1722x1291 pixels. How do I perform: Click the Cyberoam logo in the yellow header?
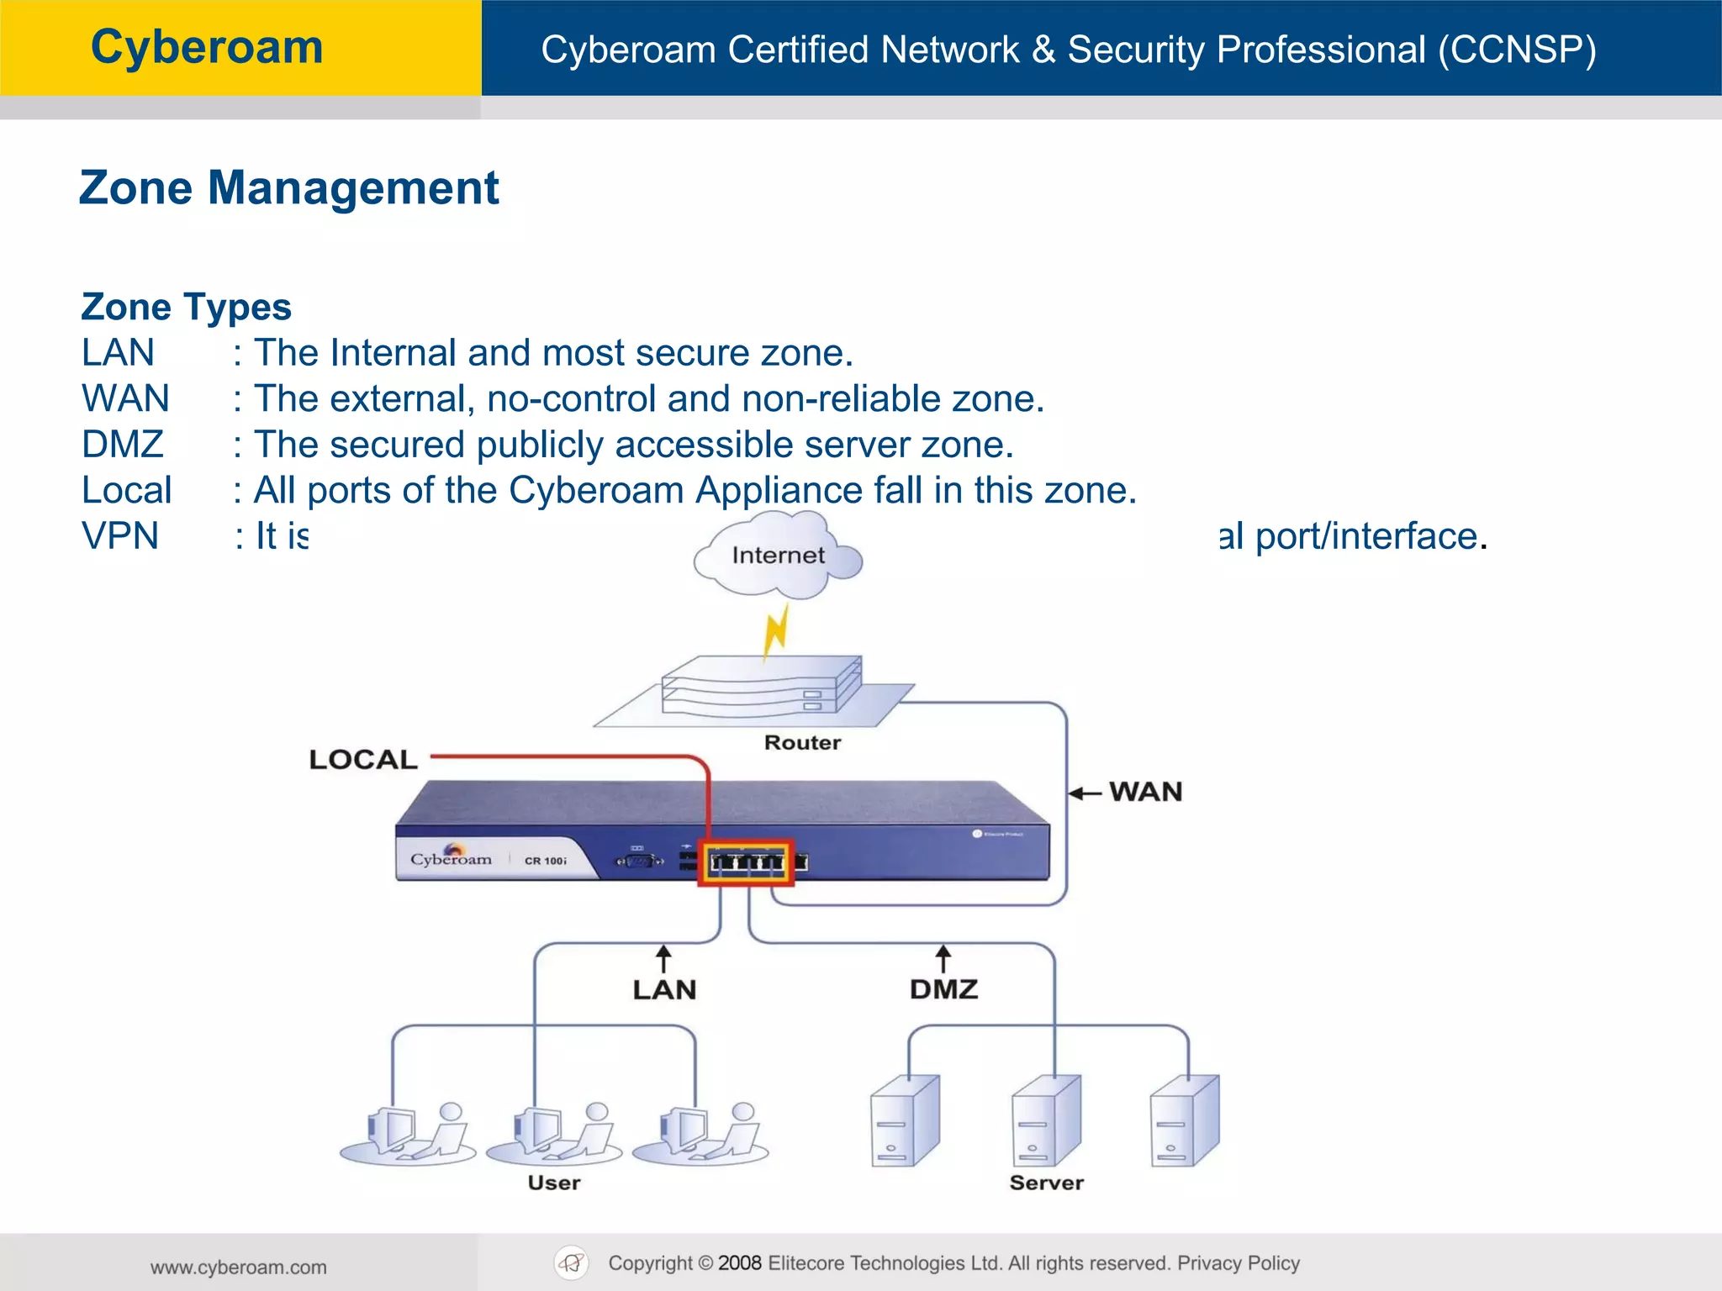coord(207,47)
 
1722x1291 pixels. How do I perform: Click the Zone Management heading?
coord(289,187)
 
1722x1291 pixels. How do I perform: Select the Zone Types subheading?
coord(186,307)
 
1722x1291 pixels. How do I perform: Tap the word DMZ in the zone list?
coord(123,445)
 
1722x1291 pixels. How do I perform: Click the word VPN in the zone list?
coord(120,536)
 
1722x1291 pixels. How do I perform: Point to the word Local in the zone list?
coord(127,490)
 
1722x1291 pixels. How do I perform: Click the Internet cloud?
coord(778,556)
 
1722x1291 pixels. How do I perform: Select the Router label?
coord(802,743)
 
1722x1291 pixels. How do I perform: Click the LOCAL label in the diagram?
coord(363,760)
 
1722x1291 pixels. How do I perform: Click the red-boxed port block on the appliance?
coord(746,862)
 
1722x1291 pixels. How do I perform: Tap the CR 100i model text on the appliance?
coord(546,861)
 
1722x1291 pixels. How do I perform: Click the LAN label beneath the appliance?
coord(664,990)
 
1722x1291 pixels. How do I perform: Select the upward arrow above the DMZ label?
coord(943,958)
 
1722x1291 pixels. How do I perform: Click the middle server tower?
coord(1045,1120)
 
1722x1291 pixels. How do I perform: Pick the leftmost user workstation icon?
coord(408,1135)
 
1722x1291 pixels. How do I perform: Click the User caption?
coord(554,1183)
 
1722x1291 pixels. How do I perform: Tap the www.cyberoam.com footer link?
coord(239,1267)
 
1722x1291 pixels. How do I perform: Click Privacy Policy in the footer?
coord(1239,1263)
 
